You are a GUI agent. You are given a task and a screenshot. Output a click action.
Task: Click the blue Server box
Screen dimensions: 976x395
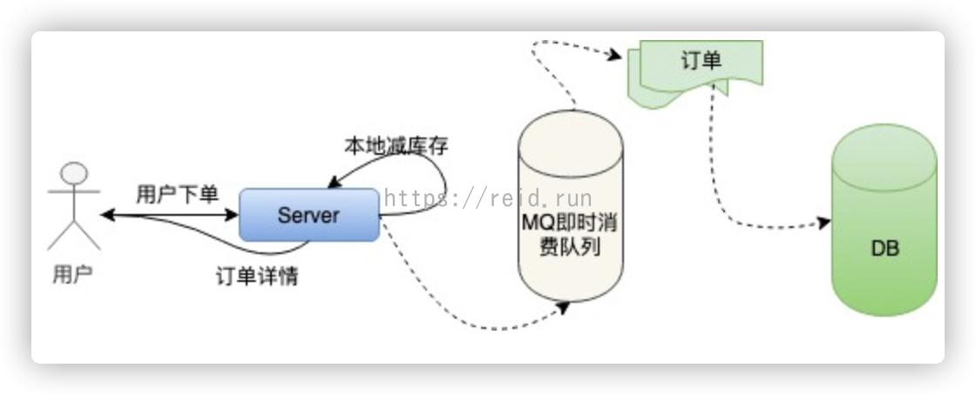[309, 215]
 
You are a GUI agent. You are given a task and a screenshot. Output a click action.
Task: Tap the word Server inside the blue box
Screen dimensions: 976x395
[308, 216]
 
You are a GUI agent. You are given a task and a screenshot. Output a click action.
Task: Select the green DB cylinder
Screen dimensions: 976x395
[884, 220]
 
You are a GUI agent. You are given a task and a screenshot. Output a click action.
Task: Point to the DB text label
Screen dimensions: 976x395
[884, 249]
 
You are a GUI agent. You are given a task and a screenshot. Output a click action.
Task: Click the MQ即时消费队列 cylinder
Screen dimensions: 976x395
[571, 206]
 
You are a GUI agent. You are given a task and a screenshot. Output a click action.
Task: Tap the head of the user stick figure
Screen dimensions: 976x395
[74, 173]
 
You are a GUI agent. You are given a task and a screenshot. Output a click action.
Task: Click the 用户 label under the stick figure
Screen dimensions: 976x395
[73, 274]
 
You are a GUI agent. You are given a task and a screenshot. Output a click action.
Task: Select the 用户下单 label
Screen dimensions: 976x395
[178, 194]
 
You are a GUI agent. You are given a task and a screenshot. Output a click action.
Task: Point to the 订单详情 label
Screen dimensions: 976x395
[257, 277]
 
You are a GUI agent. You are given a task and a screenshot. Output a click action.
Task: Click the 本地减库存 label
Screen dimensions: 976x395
[396, 146]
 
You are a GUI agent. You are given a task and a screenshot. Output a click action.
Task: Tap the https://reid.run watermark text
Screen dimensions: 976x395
[488, 198]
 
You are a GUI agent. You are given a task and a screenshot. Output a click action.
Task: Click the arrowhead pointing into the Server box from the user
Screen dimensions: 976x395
[232, 215]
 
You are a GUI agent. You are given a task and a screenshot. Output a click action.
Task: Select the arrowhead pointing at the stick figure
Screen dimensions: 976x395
[107, 215]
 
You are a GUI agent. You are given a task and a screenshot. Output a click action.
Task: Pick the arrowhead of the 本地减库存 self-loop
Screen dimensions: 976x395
[335, 182]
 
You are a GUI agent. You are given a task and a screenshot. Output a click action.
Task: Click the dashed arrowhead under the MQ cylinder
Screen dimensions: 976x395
[563, 308]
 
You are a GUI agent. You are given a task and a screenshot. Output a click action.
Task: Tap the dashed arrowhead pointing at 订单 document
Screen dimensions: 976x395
[614, 56]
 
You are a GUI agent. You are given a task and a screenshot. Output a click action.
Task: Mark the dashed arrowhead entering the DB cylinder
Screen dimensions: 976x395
[824, 223]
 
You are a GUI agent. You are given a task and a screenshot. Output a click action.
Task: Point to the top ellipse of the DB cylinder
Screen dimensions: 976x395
[884, 149]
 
